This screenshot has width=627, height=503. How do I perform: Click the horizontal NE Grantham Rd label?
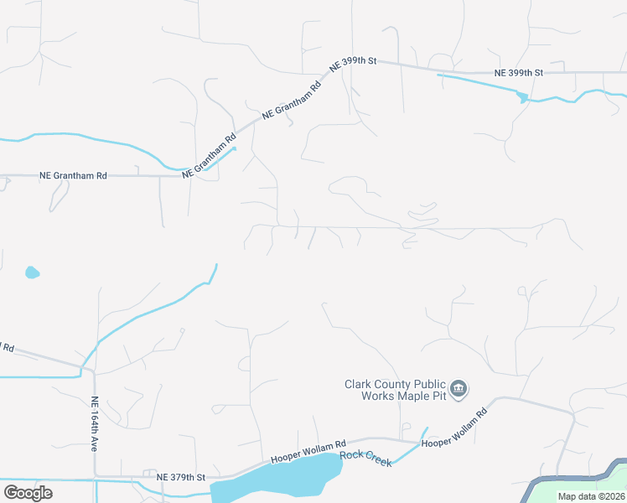(74, 176)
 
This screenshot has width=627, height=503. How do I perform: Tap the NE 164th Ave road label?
(95, 424)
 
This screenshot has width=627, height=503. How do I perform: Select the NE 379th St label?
(181, 477)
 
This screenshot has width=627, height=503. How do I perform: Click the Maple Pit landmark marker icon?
(459, 388)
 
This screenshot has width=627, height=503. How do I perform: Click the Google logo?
(28, 493)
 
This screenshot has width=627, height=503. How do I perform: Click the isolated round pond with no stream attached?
(32, 272)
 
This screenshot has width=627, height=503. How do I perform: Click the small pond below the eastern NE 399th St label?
(524, 98)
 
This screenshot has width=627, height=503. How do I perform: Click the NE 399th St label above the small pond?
(519, 73)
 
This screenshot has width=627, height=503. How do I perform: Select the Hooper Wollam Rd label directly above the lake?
(308, 453)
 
